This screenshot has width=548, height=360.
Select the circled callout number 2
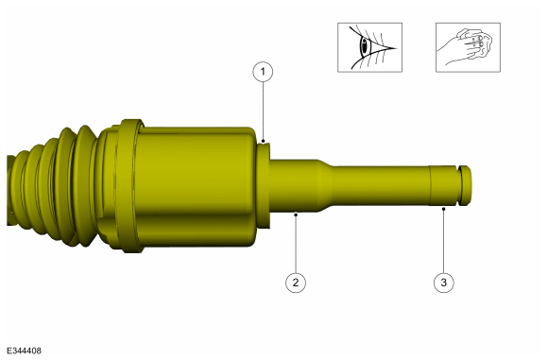pyautogui.click(x=296, y=282)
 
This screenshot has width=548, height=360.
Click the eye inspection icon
pyautogui.click(x=369, y=46)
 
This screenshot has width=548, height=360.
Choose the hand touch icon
pyautogui.click(x=467, y=46)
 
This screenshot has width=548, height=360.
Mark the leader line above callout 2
pyautogui.click(x=296, y=244)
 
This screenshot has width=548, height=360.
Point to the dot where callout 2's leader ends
pyautogui.click(x=296, y=215)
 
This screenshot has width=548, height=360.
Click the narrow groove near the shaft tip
pyautogui.click(x=459, y=185)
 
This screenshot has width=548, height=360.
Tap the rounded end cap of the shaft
pyautogui.click(x=468, y=185)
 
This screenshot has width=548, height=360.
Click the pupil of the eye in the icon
pyautogui.click(x=366, y=46)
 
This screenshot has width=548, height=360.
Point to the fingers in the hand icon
pyautogui.click(x=477, y=43)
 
